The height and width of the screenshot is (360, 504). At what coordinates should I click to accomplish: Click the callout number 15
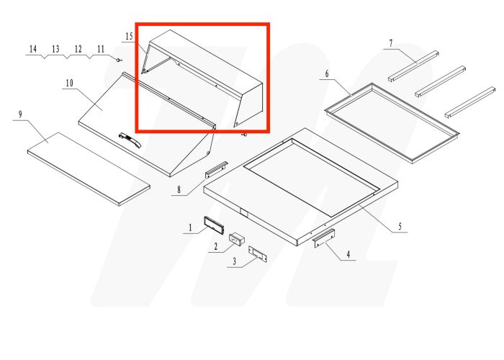(x=129, y=36)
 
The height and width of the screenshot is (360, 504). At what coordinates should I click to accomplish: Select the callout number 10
(x=69, y=84)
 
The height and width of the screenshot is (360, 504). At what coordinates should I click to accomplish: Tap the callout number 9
(x=21, y=114)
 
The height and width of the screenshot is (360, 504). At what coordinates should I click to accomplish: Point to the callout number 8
(x=179, y=191)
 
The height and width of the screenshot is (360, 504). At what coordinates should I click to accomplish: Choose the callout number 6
(x=327, y=74)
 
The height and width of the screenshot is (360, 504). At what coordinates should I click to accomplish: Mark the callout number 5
(x=400, y=227)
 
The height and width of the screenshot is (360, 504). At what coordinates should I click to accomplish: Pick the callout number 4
(x=348, y=253)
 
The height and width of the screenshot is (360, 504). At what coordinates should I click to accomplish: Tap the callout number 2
(x=215, y=248)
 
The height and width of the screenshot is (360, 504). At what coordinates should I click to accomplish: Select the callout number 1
(x=190, y=228)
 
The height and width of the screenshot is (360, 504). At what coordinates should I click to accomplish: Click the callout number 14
(x=32, y=49)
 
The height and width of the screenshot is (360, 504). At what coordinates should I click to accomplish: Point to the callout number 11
(x=101, y=49)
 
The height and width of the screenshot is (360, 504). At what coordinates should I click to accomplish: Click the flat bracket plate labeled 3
(x=257, y=253)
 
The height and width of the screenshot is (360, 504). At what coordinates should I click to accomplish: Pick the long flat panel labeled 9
(x=89, y=167)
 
